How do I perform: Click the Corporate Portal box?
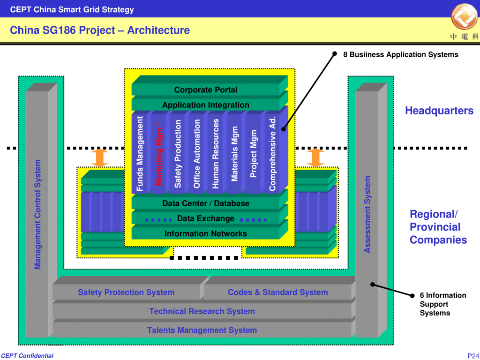206,90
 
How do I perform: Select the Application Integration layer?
206,105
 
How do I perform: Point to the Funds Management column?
140,154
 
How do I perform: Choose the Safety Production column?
178,154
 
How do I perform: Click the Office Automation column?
197,154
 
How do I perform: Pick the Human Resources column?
216,154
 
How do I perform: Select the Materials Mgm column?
235,154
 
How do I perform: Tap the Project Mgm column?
254,154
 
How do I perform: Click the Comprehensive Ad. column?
272,154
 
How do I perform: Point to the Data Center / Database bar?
206,203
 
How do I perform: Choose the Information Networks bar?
206,233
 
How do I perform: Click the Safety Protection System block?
126,292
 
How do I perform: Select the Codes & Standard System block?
277,292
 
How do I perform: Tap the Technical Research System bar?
202,311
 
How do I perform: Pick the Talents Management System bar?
202,330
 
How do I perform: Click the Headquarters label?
439,111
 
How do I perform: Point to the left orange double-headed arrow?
100,157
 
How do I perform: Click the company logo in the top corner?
464,18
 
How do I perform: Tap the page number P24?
472,355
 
